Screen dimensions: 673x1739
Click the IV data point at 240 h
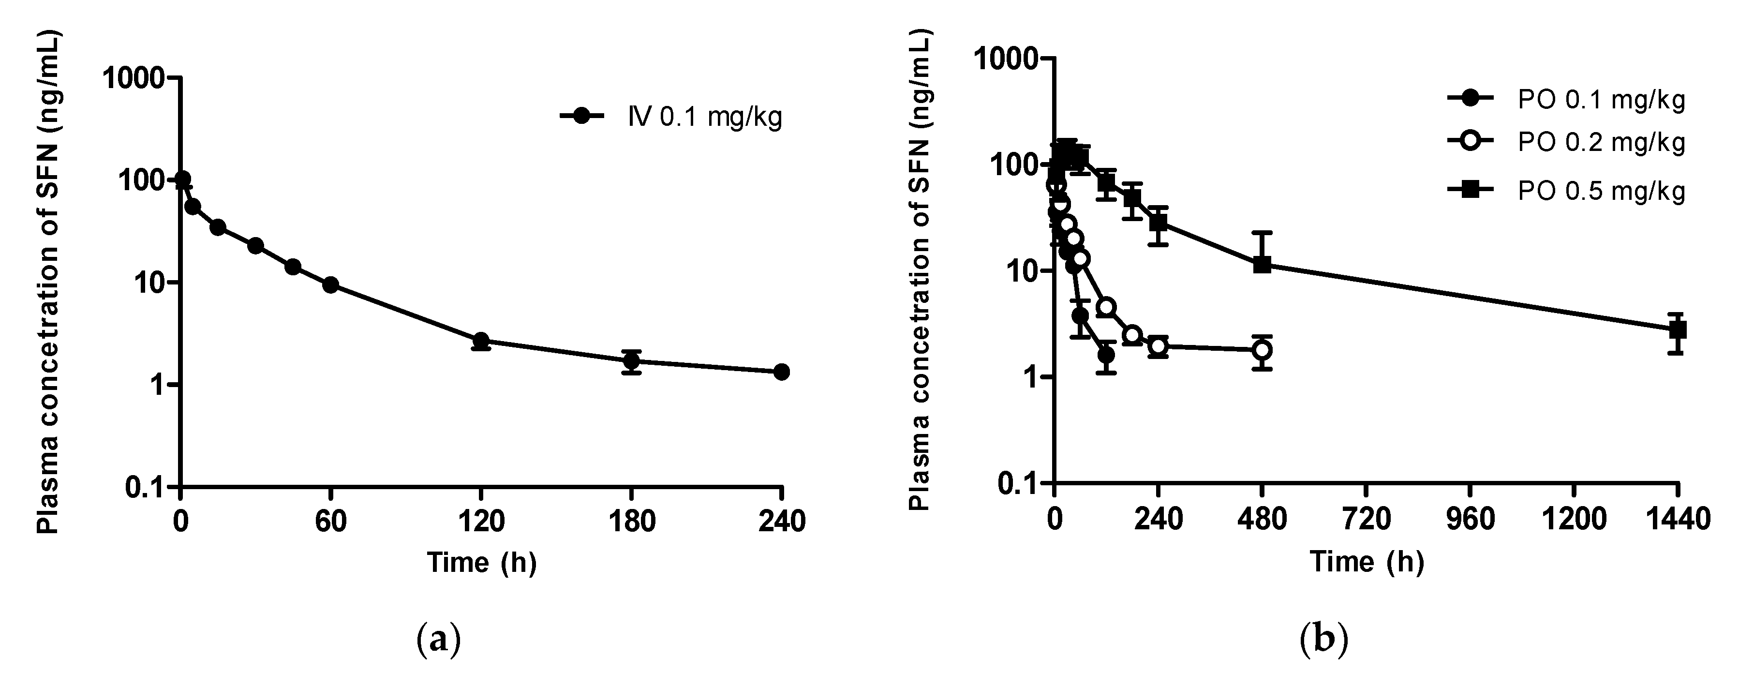pyautogui.click(x=781, y=372)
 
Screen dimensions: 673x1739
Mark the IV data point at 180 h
pyautogui.click(x=631, y=361)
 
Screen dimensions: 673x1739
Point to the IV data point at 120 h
pyautogui.click(x=481, y=340)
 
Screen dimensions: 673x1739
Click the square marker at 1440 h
pyautogui.click(x=1678, y=330)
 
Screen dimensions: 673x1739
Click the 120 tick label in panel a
pyautogui.click(x=481, y=521)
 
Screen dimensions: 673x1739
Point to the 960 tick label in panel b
pyautogui.click(x=1471, y=520)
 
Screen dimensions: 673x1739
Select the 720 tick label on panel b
pyautogui.click(x=1367, y=520)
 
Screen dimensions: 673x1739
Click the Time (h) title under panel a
pyautogui.click(x=481, y=562)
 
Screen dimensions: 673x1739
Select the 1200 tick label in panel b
pyautogui.click(x=1573, y=520)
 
